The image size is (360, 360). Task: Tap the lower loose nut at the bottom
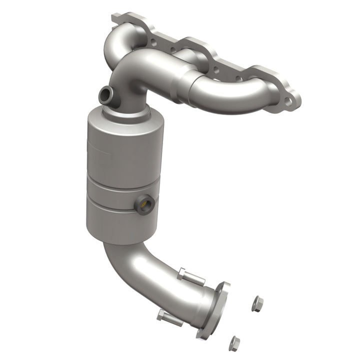tap(234, 343)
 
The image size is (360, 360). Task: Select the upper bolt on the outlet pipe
tap(189, 275)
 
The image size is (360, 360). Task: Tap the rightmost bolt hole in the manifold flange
tap(288, 101)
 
